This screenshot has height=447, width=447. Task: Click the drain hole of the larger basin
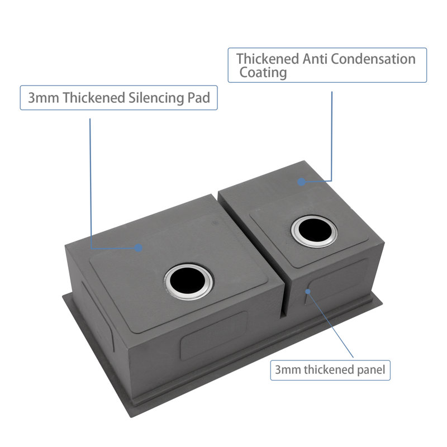(188, 282)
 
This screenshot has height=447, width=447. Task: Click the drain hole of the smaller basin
(314, 231)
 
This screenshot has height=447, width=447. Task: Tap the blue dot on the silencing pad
(139, 248)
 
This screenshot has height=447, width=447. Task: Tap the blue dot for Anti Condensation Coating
(301, 182)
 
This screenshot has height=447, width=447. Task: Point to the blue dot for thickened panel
(308, 291)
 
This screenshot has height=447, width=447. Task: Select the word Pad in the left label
(199, 98)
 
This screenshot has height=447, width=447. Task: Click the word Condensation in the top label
(373, 59)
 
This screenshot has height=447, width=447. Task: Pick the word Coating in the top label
(263, 73)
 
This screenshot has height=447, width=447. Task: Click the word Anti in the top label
(315, 59)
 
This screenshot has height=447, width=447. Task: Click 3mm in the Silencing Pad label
(44, 98)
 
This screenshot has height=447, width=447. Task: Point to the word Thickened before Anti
(268, 59)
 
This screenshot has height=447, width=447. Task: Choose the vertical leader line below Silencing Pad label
(91, 184)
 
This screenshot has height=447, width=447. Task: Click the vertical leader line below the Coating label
(331, 136)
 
